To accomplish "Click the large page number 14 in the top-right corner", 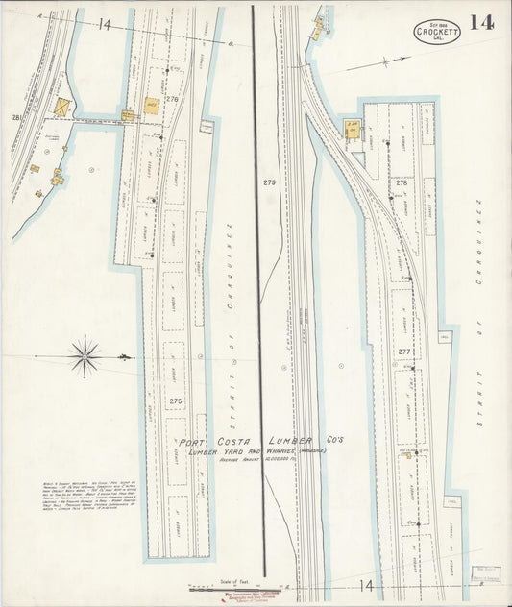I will [482, 23].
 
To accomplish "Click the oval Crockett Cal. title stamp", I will [438, 31].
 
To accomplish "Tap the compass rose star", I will [85, 356].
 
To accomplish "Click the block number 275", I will [175, 401].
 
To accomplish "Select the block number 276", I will [172, 99].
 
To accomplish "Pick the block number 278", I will [402, 182].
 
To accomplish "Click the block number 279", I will [268, 182].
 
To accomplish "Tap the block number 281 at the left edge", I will [16, 117].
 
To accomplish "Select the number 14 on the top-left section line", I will [104, 23].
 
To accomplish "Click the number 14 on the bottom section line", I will [366, 584].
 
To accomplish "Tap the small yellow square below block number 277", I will [409, 456].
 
